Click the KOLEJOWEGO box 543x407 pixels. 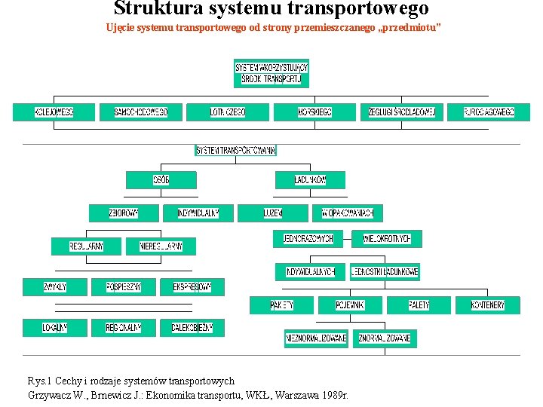point(54,112)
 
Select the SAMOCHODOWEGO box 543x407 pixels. point(140,112)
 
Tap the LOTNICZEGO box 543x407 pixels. point(227,112)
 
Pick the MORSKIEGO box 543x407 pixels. point(314,112)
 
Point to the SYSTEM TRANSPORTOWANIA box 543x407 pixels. point(236,150)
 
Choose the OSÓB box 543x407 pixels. point(161,180)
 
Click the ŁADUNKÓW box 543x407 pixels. point(310,180)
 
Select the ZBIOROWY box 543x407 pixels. point(124,213)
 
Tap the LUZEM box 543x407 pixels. point(272,213)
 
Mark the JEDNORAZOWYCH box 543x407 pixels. point(308,239)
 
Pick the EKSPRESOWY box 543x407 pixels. point(198,287)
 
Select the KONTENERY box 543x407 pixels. point(487,305)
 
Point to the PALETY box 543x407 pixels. point(419,305)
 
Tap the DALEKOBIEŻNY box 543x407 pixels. point(192,328)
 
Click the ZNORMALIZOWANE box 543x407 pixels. point(385,338)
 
